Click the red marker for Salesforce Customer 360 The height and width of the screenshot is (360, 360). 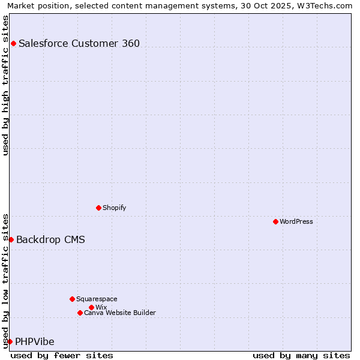click(x=13, y=43)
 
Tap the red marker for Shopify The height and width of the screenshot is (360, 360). click(x=98, y=208)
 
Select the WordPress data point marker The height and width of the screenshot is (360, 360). click(x=275, y=221)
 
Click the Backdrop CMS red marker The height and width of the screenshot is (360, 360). click(x=11, y=239)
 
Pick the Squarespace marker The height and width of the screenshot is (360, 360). click(x=72, y=299)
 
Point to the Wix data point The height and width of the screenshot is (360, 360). click(x=91, y=307)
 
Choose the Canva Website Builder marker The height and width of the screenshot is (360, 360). click(x=80, y=313)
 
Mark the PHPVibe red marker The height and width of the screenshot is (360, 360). click(x=10, y=341)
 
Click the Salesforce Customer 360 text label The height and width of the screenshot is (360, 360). click(x=79, y=43)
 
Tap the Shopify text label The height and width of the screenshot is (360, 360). click(x=115, y=208)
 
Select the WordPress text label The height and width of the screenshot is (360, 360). click(x=296, y=221)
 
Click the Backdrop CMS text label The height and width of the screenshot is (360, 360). click(x=50, y=240)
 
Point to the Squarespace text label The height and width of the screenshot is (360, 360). click(x=97, y=299)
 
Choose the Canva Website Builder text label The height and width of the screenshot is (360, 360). click(x=120, y=313)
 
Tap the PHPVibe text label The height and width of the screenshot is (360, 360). click(x=35, y=342)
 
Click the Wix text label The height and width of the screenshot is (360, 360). click(x=101, y=307)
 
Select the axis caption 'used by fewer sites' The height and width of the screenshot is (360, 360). click(x=62, y=355)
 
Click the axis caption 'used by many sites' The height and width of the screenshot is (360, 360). click(x=301, y=355)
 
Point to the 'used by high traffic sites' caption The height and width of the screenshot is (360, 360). click(x=5, y=85)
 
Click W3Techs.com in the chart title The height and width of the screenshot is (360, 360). click(x=325, y=5)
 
